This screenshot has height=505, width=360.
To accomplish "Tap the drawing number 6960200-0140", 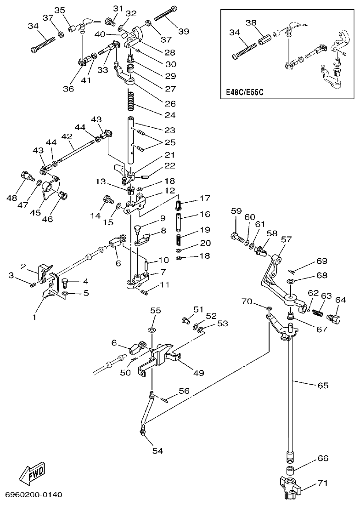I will pos(34,495).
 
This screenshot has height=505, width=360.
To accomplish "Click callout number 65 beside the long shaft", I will pos(323,385).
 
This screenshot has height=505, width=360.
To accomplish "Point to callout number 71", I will pos(323,483).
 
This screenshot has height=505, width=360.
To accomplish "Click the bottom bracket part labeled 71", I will pos(290,487).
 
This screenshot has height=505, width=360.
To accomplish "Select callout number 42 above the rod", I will pos(67,136).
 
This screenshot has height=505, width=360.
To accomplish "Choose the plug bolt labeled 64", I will pos(334,318).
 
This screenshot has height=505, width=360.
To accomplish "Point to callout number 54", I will pos(158,451).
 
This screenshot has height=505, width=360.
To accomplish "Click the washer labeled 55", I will pos(152,330).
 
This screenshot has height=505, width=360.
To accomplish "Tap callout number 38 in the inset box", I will pos(251,22).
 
